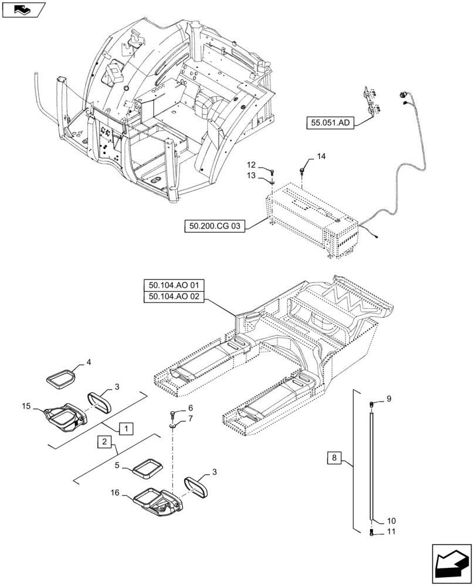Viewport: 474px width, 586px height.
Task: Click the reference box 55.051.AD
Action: (330, 123)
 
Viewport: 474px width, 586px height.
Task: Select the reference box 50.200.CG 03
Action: (214, 224)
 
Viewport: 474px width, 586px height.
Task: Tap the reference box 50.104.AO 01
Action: (174, 286)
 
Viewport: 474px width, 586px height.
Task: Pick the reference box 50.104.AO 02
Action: (174, 297)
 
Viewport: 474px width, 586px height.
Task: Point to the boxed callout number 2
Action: (103, 441)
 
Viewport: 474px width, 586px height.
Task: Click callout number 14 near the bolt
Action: (321, 156)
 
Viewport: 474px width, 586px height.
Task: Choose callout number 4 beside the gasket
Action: (89, 363)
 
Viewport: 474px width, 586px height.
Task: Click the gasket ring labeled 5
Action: (148, 467)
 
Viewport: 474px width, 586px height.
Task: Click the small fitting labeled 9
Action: (371, 403)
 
